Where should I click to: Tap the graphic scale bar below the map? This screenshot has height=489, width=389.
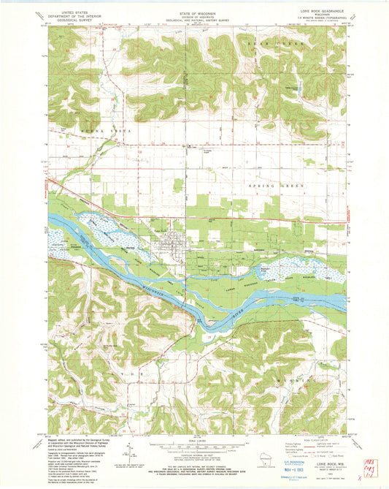click(x=193, y=447)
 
